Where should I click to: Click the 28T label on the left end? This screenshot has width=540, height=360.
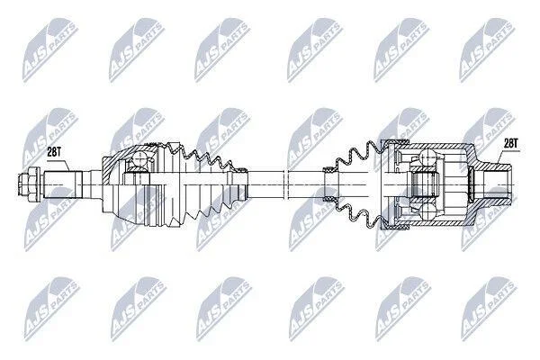click(x=53, y=153)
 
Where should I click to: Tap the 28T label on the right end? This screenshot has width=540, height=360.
click(x=511, y=143)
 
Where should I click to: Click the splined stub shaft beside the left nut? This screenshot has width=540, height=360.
click(x=63, y=184)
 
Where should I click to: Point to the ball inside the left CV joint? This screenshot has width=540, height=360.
click(x=139, y=159)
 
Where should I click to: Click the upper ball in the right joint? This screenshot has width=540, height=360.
click(x=427, y=156)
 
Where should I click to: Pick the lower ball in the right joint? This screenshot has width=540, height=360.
click(x=427, y=211)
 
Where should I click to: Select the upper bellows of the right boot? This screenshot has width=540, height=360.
click(x=358, y=155)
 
